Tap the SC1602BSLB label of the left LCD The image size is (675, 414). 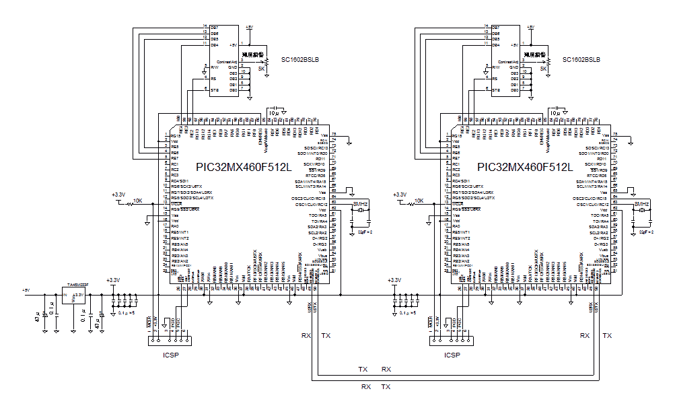(x=299, y=59)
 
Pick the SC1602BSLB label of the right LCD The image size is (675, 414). (x=581, y=59)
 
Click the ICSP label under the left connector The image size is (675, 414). (x=171, y=355)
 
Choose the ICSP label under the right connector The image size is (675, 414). (x=452, y=355)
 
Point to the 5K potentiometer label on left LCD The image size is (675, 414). (x=261, y=69)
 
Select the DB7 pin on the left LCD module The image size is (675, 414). (x=215, y=28)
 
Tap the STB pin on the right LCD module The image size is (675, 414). (x=496, y=90)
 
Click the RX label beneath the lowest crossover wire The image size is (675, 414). (x=366, y=387)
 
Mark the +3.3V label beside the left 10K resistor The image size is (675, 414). (x=118, y=195)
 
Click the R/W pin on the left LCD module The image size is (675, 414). (x=215, y=67)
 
